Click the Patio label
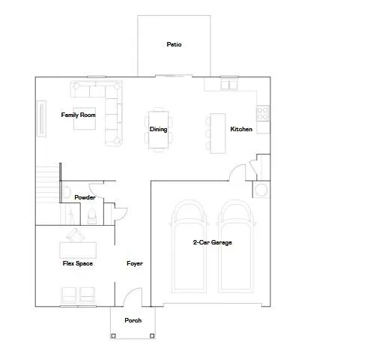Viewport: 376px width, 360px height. point(174,44)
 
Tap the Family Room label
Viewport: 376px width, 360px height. point(79,115)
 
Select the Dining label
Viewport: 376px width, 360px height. point(158,129)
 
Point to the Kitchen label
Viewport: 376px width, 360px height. point(240,129)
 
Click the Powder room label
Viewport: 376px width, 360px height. point(85,197)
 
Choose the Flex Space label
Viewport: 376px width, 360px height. point(76,263)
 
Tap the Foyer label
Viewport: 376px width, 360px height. point(134,263)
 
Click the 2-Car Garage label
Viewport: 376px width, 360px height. point(212,242)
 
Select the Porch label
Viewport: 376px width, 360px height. point(133,320)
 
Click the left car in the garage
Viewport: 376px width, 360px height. point(187,247)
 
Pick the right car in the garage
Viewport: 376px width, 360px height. point(235,247)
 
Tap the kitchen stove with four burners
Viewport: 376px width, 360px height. point(263,112)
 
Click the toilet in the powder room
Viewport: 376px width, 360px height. point(92,217)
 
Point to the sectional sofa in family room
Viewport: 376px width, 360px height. point(105,105)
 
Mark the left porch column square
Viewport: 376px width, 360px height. point(112,335)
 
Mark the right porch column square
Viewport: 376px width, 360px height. point(154,335)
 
